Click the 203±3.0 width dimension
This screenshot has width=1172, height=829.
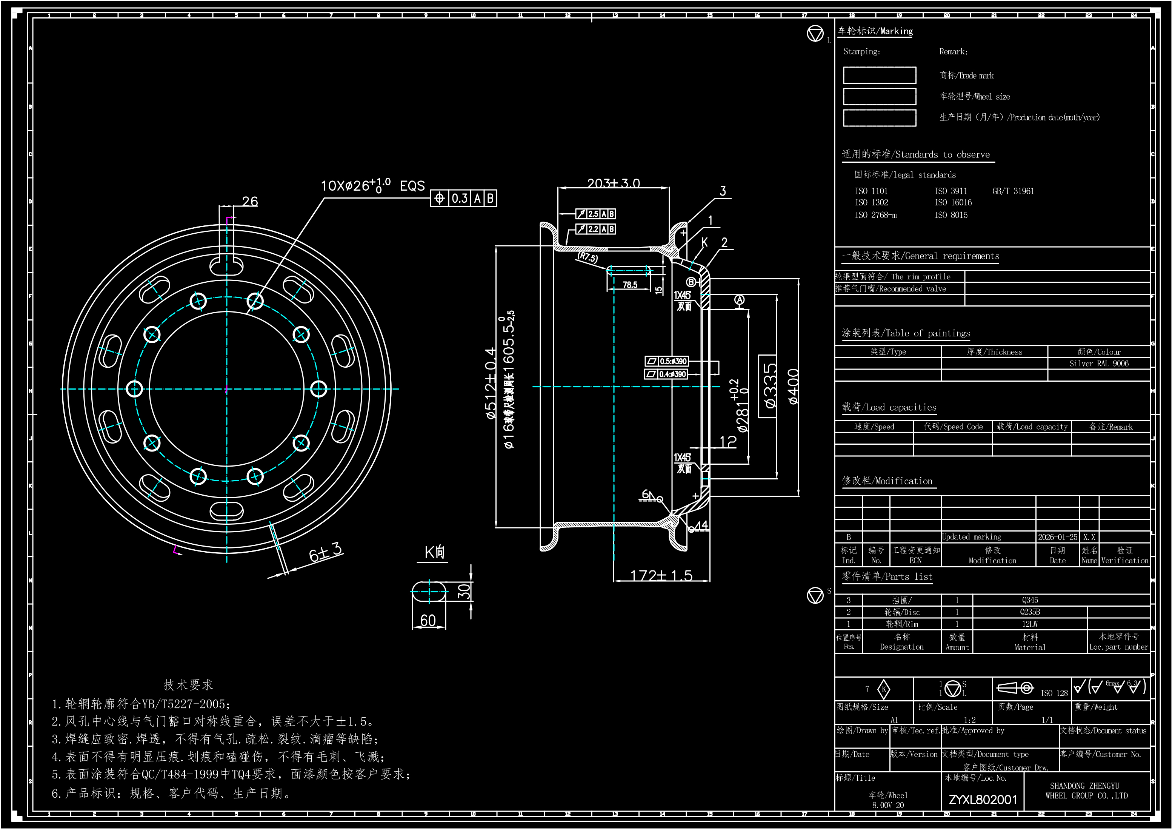pos(613,183)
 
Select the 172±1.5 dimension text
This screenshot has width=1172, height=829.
pos(661,576)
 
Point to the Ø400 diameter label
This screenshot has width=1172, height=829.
pos(793,387)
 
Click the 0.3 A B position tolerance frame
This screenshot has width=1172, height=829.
pos(463,198)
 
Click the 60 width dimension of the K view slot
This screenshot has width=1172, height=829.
pos(428,620)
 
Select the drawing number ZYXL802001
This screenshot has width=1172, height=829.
pos(983,800)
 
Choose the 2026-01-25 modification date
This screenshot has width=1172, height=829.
pos(1057,537)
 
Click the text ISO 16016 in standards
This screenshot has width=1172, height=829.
pos(953,203)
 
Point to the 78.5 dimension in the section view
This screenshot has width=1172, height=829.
pos(629,285)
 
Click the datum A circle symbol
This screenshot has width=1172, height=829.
pos(739,300)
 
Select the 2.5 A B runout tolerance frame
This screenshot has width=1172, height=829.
pos(596,214)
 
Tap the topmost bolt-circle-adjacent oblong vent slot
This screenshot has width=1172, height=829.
pos(227,266)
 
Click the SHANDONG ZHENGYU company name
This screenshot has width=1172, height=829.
pos(1086,790)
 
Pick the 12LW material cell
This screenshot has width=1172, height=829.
pos(1030,624)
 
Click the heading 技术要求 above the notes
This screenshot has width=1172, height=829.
pos(188,684)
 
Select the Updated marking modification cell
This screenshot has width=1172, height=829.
pos(971,537)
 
